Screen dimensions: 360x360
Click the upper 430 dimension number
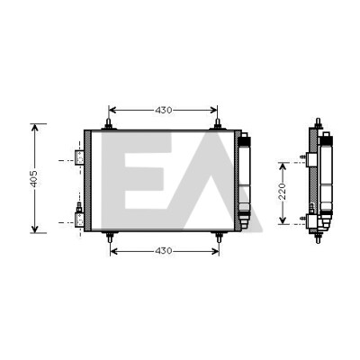pyautogui.click(x=164, y=111)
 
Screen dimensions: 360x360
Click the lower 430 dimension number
pyautogui.click(x=164, y=251)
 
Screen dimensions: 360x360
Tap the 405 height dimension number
pyautogui.click(x=34, y=179)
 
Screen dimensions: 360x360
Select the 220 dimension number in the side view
pyautogui.click(x=283, y=191)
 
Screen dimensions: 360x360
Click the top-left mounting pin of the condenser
pyautogui.click(x=109, y=124)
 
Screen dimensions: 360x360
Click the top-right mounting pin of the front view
pyautogui.click(x=217, y=124)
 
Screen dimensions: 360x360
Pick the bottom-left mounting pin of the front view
pyautogui.click(x=111, y=237)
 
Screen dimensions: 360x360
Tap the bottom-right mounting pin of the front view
pyautogui.click(x=219, y=237)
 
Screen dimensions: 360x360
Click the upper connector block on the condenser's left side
pyautogui.click(x=79, y=157)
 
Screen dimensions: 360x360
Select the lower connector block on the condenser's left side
pyautogui.click(x=79, y=219)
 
